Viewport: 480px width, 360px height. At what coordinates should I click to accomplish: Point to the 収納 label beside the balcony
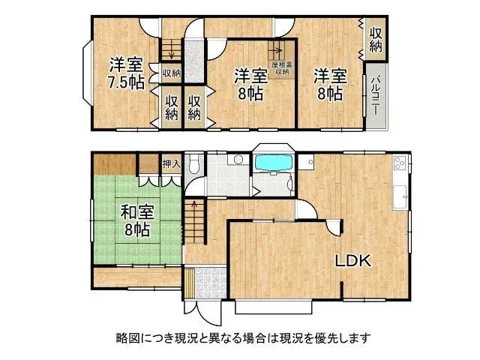point(375,40)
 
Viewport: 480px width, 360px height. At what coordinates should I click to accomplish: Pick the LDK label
point(352,261)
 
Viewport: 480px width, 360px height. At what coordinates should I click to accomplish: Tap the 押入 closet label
point(172,162)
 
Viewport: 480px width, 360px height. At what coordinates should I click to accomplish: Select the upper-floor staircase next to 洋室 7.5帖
point(172,49)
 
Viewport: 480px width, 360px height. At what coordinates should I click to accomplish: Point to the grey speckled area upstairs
point(194,60)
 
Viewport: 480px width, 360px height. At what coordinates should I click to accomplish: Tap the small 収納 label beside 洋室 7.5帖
point(171,73)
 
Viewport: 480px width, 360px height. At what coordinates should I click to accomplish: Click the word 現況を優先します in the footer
point(330,337)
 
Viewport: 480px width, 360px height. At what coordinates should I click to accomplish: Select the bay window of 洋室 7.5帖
point(87,76)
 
